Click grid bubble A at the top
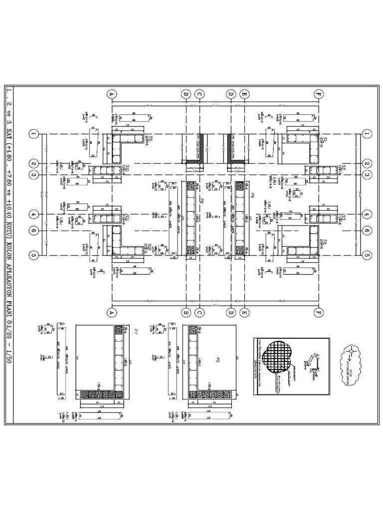[111, 93]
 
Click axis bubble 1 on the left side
[33, 133]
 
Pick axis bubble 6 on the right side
[367, 231]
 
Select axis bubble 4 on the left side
[33, 214]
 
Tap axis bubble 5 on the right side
[367, 255]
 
